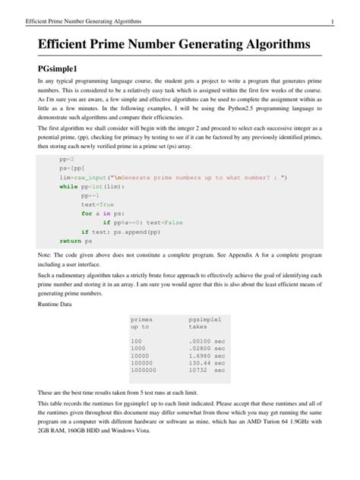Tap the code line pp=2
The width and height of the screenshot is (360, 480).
pos(67,161)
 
